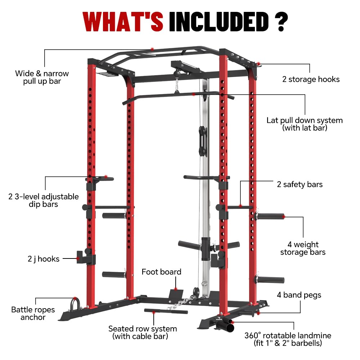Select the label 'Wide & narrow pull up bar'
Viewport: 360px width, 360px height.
(42, 77)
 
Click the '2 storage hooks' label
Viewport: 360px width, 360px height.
(311, 79)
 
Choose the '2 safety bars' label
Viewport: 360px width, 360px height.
(300, 184)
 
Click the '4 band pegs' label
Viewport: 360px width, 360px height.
(299, 295)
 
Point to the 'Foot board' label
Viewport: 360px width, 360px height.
(161, 272)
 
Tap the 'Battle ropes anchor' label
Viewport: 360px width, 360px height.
(33, 313)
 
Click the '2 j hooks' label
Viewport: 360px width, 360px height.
(44, 258)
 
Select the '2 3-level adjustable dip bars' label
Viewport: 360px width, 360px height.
(44, 200)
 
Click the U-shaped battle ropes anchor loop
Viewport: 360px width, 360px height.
(75, 302)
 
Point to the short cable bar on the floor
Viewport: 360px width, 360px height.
(166, 311)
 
